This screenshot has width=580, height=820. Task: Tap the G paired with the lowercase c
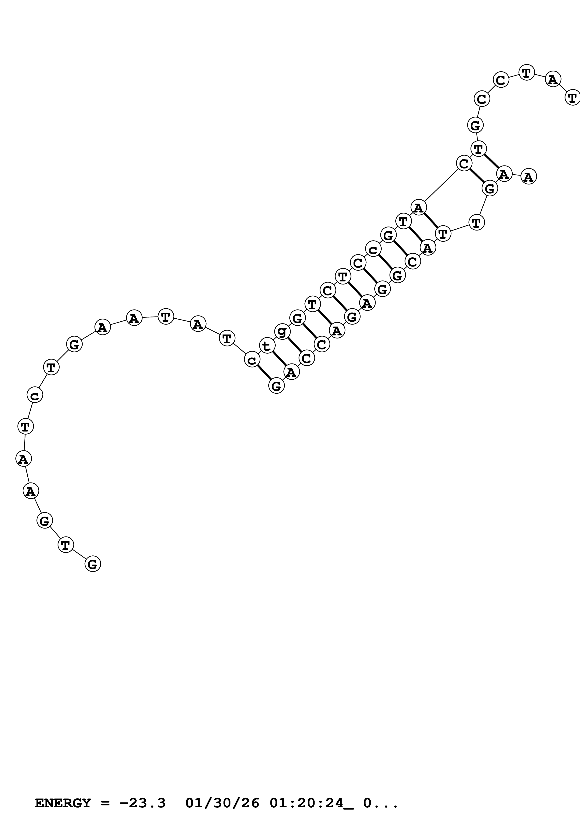[277, 385]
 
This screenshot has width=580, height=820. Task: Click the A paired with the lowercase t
[292, 373]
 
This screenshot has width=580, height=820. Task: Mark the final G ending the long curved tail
[93, 564]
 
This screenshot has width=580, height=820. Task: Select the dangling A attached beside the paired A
[529, 176]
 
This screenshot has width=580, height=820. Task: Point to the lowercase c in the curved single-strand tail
[35, 395]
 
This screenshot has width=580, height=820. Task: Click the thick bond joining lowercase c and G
[264, 373]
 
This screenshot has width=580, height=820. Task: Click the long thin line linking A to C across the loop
[441, 185]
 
